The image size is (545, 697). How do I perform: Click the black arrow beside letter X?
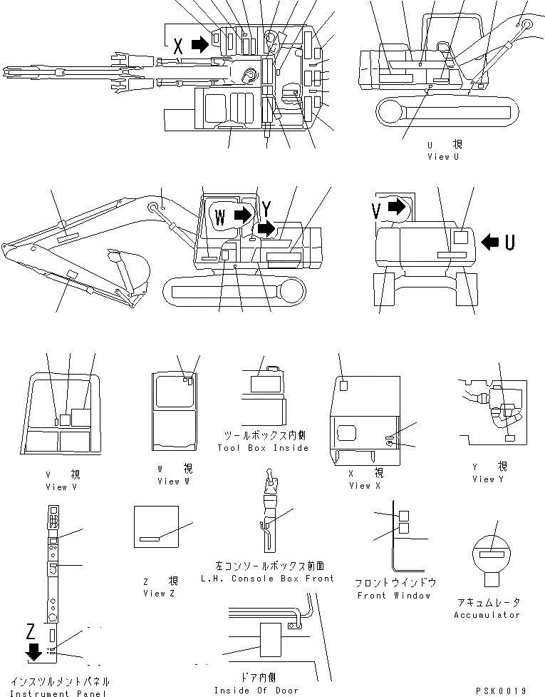pos(200,45)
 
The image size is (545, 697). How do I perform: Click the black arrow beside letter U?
pos(490,243)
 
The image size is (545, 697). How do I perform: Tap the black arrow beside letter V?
pos(397,207)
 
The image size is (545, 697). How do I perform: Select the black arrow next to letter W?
pos(243,213)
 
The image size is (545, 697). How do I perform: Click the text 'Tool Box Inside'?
pos(263,448)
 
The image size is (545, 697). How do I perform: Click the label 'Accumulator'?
pos(487,615)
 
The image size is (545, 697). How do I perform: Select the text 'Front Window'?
pos(394,596)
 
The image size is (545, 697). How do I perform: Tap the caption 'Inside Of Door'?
pos(256,691)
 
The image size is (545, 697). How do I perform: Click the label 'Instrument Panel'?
pos(61,693)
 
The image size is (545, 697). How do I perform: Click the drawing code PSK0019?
pos(503,691)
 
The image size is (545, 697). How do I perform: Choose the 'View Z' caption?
pos(154,594)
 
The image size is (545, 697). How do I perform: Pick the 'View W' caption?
pos(170,482)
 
